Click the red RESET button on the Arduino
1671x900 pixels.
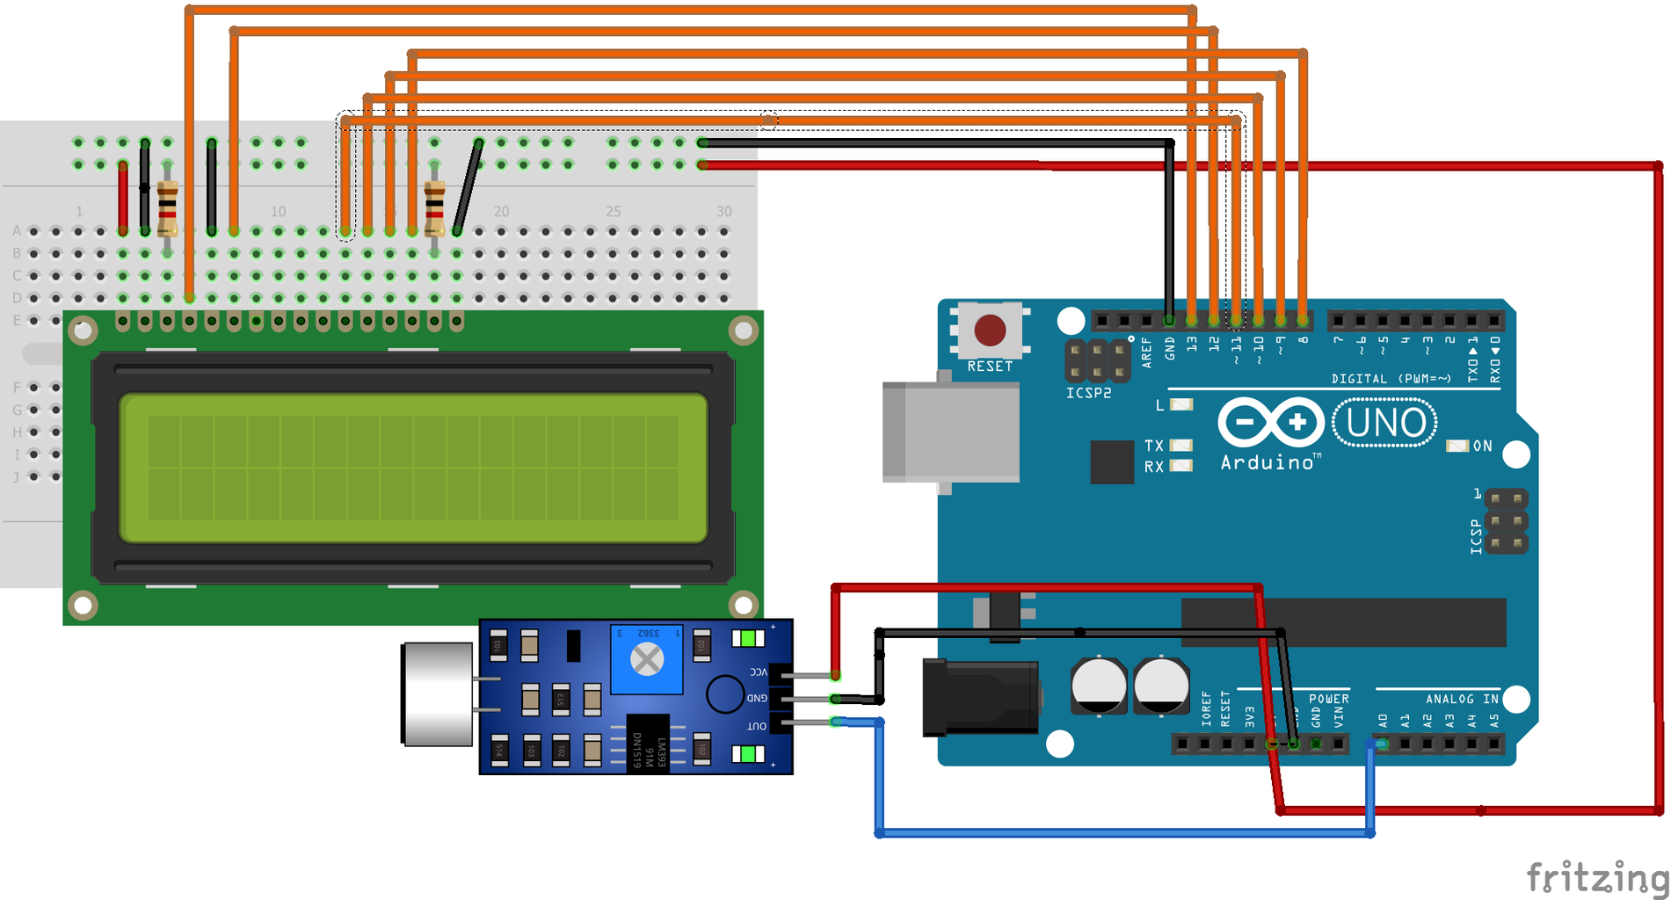pos(990,330)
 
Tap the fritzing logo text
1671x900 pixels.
pos(1596,877)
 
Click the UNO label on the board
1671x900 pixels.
pos(1385,423)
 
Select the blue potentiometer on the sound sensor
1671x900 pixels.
pos(647,659)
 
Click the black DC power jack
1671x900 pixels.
pos(979,698)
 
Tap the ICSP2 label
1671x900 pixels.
pos(1088,393)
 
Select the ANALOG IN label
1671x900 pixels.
pos(1462,699)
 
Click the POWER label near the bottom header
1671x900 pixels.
pos(1328,699)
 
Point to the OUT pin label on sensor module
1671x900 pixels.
pos(757,726)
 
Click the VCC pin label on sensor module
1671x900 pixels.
pos(758,671)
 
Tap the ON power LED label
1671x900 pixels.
pos(1482,446)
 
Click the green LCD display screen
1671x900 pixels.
pos(413,468)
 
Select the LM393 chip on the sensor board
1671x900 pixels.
pos(648,744)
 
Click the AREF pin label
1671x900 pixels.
pos(1146,352)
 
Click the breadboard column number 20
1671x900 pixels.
pos(501,211)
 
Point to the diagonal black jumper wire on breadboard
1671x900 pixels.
pos(468,186)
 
